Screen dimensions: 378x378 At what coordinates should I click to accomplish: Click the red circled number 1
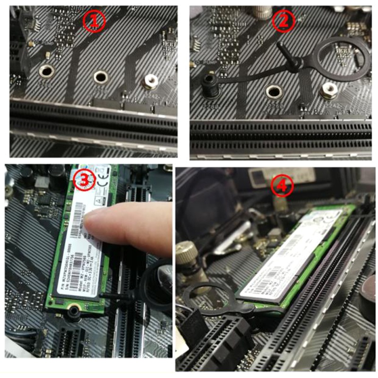(x=94, y=21)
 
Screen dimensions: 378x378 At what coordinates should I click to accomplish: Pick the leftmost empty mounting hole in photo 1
(x=46, y=71)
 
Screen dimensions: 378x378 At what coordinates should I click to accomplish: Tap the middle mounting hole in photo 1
(x=101, y=77)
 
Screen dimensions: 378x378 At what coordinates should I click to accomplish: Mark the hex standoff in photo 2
(x=328, y=90)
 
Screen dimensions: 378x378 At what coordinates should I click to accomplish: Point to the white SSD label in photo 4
(x=288, y=255)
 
